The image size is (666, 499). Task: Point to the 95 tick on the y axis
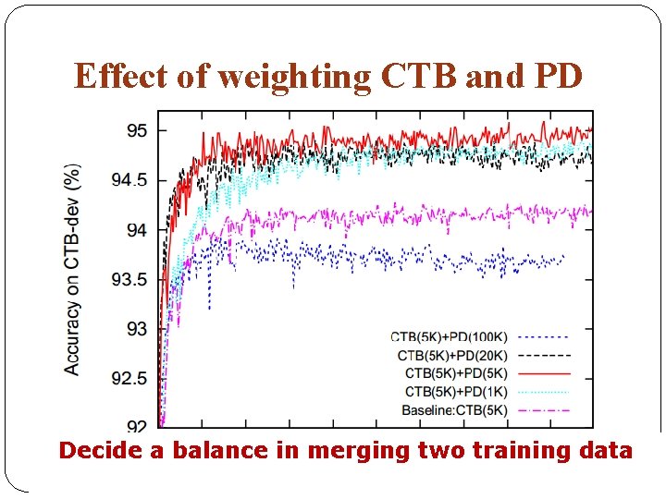pyautogui.click(x=136, y=130)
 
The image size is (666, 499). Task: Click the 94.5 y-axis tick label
pyautogui.click(x=129, y=180)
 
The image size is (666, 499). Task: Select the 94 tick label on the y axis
pyautogui.click(x=136, y=229)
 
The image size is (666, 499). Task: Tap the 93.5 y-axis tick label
pyautogui.click(x=129, y=279)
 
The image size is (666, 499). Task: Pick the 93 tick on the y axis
pyautogui.click(x=136, y=328)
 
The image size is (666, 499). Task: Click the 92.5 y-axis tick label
pyautogui.click(x=129, y=378)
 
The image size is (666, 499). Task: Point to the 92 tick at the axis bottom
pyautogui.click(x=136, y=426)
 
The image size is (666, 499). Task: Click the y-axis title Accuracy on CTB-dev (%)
pyautogui.click(x=71, y=269)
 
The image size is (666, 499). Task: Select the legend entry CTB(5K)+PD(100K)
pyautogui.click(x=449, y=337)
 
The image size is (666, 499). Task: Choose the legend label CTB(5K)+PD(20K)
pyautogui.click(x=451, y=355)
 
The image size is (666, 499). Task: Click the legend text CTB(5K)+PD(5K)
pyautogui.click(x=455, y=373)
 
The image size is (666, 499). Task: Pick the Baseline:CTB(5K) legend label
pyautogui.click(x=454, y=409)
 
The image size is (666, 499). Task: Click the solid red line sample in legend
pyautogui.click(x=544, y=373)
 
